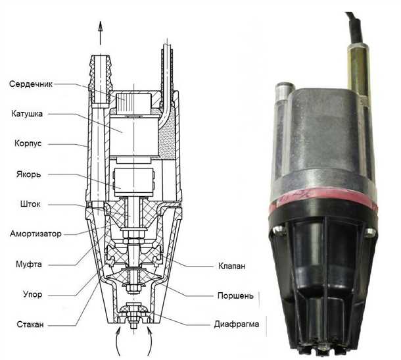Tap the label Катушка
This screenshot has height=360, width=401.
pos(27,113)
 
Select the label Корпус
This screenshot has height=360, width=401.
pos(26,143)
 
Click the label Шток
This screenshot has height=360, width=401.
pos(22,204)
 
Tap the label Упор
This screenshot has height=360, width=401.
pos(21,294)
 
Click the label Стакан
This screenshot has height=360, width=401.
pos(24,324)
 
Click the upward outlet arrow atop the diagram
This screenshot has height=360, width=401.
pos(100,30)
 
